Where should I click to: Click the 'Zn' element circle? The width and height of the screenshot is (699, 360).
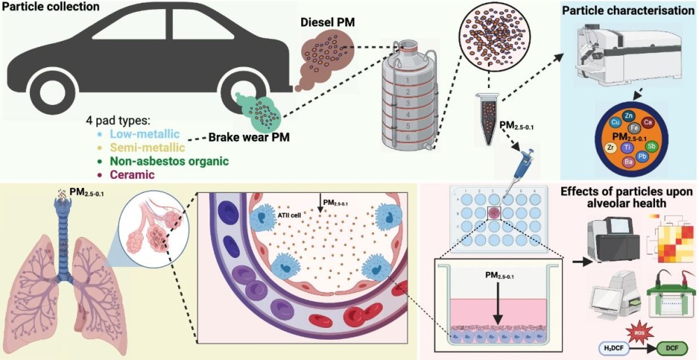(x=629, y=115)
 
